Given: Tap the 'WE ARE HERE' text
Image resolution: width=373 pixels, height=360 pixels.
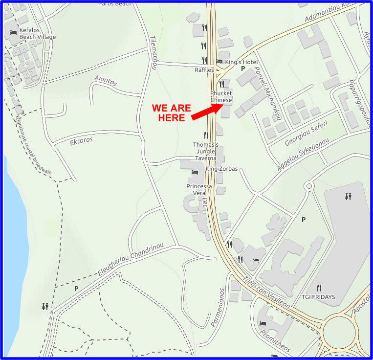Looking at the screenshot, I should (171, 113).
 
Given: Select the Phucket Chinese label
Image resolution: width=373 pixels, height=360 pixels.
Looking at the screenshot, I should (221, 97).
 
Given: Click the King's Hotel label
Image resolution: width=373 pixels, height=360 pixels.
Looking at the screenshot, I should (241, 62).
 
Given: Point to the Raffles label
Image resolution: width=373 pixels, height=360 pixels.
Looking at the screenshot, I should (204, 70).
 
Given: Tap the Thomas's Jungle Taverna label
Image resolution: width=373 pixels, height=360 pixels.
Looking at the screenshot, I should (205, 152).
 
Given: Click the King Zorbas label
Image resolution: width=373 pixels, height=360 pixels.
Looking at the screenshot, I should (221, 169).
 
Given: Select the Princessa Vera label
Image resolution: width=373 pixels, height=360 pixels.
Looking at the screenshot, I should (199, 190).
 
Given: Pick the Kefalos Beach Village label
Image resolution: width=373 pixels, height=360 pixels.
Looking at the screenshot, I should (38, 34).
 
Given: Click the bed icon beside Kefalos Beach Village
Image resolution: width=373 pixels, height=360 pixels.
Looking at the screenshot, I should (13, 32).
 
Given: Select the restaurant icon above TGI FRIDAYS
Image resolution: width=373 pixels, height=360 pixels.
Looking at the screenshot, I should (319, 288).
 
